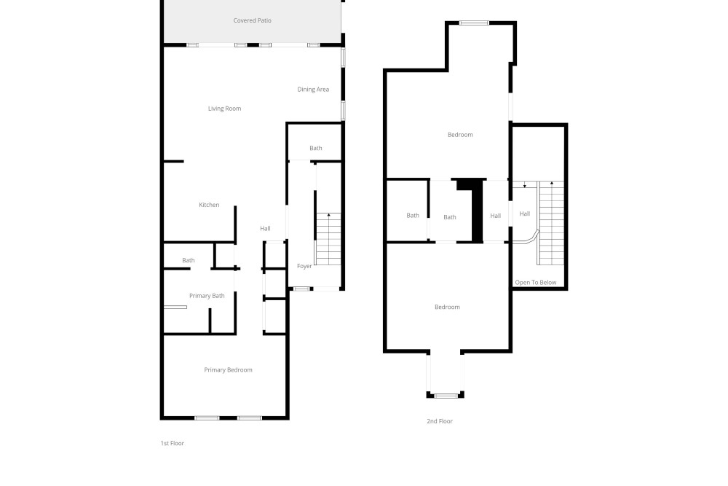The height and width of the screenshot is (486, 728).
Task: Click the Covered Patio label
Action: tap(252, 20)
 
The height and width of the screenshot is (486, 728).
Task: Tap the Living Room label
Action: tap(224, 109)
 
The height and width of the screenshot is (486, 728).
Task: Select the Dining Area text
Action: tap(313, 89)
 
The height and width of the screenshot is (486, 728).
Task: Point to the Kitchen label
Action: tap(209, 205)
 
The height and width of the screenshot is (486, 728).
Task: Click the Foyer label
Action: tap(304, 266)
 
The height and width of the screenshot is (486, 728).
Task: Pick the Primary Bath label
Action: tap(207, 296)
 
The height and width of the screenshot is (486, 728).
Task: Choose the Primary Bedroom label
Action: tap(228, 370)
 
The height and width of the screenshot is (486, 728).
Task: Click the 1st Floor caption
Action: tap(173, 443)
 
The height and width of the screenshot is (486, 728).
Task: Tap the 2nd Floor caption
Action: tap(439, 421)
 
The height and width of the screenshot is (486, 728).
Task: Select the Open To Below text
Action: tap(535, 283)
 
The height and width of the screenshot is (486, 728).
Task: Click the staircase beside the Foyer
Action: tap(328, 239)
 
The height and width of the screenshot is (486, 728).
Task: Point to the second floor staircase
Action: tap(550, 223)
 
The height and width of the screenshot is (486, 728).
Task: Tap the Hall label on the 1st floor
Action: tap(265, 229)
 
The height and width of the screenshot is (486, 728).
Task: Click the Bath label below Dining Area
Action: tap(316, 148)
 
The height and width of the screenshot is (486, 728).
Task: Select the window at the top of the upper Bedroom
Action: tap(474, 23)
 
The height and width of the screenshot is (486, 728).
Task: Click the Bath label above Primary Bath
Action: tap(188, 261)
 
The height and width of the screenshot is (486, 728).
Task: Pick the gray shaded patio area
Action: tap(253, 21)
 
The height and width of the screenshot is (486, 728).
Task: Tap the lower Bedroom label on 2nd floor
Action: tap(447, 307)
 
